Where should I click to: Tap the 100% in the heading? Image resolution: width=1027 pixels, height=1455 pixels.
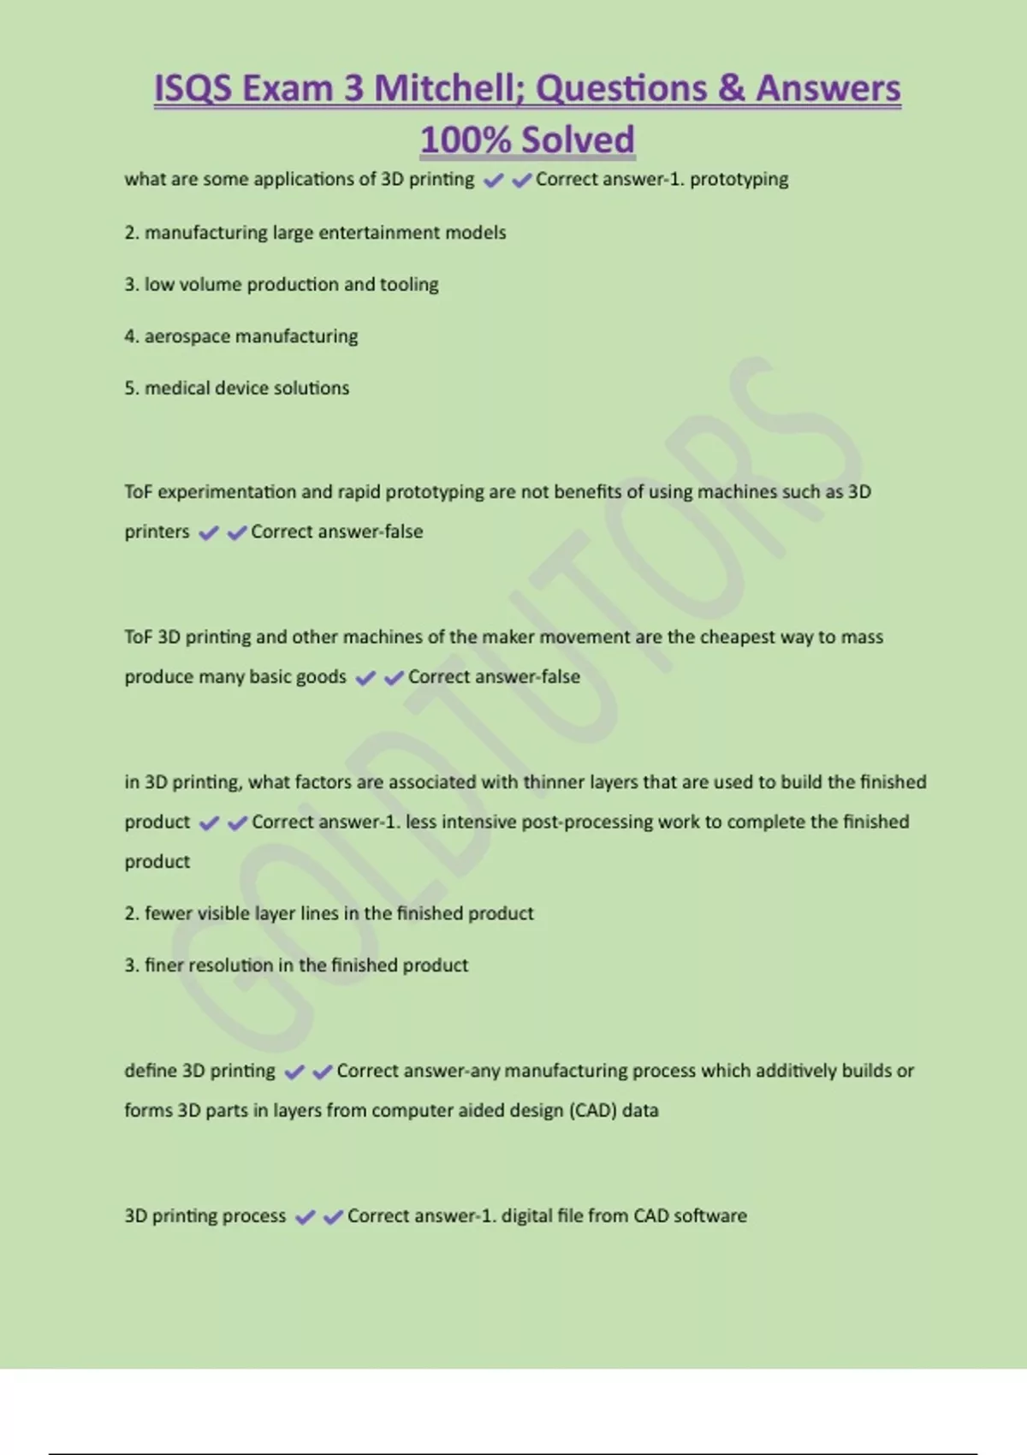pos(466,140)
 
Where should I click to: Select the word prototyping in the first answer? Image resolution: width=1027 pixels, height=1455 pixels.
pos(739,180)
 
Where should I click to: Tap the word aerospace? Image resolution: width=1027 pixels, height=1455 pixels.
pos(187,336)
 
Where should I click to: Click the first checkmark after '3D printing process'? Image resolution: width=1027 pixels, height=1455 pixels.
pos(305,1217)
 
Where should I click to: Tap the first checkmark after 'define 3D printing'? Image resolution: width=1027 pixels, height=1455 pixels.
pos(294,1072)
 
